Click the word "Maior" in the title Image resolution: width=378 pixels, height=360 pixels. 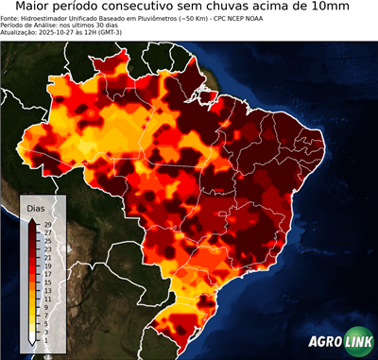36,8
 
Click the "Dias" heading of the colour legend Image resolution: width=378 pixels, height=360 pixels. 36,208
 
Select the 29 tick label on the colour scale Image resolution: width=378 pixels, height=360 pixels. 47,225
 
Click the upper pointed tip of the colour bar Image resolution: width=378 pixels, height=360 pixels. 33,219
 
